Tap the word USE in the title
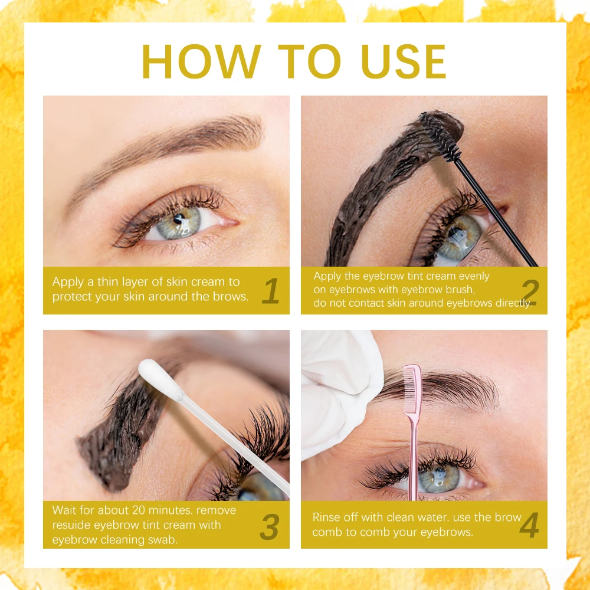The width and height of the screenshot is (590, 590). [x=403, y=61]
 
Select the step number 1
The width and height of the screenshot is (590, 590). [x=271, y=291]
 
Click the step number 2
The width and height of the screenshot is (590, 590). [x=530, y=291]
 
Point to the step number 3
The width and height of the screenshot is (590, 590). [x=270, y=527]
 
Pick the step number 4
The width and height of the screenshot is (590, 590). [x=529, y=525]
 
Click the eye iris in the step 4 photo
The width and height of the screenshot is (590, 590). [x=439, y=479]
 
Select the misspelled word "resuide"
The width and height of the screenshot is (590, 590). [x=71, y=525]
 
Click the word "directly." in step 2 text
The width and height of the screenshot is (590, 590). [x=514, y=303]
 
